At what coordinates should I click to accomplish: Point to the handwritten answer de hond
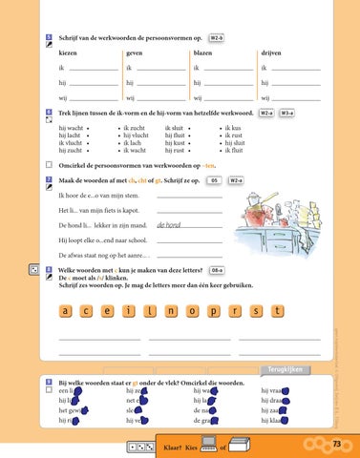(168, 225)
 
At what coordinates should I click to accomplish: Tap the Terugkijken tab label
(284, 369)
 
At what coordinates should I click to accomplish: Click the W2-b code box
(216, 39)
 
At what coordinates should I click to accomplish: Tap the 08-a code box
(217, 271)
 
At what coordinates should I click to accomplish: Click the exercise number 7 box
(49, 178)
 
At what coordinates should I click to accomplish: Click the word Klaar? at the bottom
(176, 445)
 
